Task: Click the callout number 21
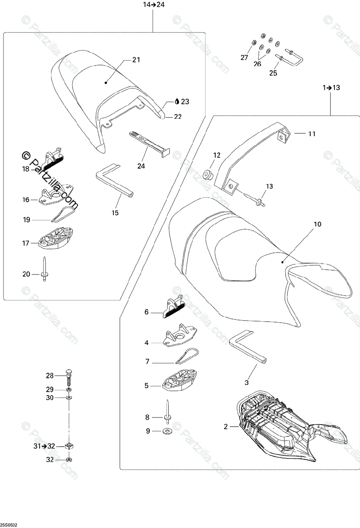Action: (x=136, y=60)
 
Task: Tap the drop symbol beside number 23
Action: (x=176, y=102)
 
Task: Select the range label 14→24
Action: (x=153, y=5)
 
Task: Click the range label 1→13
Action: (x=331, y=88)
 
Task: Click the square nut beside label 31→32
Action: (x=69, y=446)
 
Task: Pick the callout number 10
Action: (x=317, y=224)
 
